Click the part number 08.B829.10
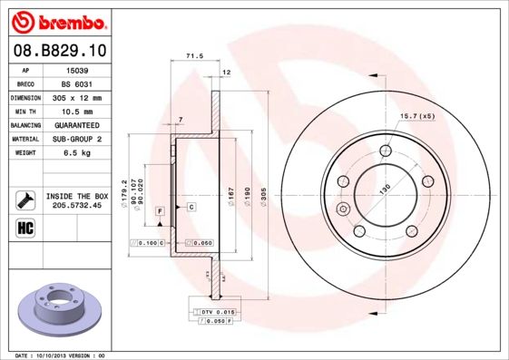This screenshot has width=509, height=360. coord(56,49)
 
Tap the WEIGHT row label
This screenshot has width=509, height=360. coord(24,153)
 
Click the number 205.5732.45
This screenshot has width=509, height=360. coord(77,206)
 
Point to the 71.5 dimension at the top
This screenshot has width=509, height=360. coord(193,56)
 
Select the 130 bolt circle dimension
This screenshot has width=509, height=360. coord(385,189)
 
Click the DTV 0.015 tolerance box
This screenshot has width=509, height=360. coord(214,311)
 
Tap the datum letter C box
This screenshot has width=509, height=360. coord(192,208)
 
